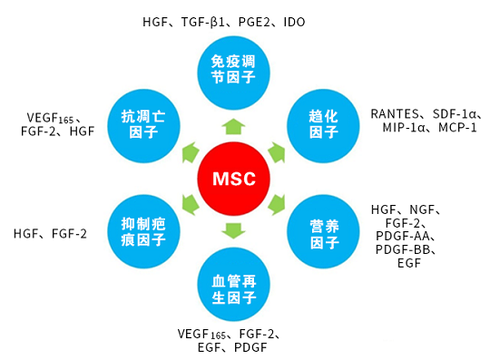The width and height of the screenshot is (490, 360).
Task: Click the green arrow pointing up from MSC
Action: click(x=233, y=126)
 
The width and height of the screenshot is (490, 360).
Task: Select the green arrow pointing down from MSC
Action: click(x=233, y=230)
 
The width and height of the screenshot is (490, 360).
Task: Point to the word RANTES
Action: click(x=395, y=114)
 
